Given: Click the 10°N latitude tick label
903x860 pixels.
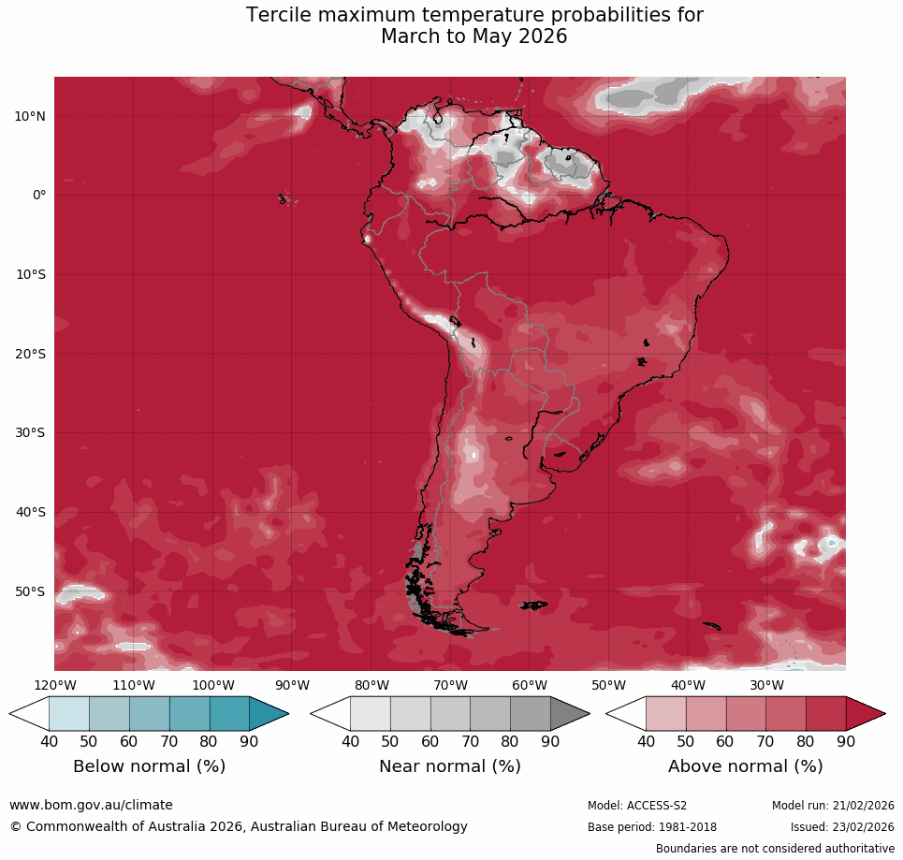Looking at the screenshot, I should tap(30, 116).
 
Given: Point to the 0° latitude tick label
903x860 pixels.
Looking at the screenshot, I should tap(39, 196).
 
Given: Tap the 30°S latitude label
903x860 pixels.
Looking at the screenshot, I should tap(30, 433).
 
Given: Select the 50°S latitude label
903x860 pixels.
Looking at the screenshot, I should tap(30, 591).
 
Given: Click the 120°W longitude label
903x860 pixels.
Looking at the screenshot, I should tap(54, 685).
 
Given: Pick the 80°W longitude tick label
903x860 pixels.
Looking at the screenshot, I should tap(371, 685).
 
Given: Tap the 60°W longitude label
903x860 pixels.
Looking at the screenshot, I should tap(530, 685).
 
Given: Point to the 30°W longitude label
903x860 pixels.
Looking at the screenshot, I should tap(767, 685).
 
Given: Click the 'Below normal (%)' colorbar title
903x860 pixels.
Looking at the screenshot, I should tap(149, 766).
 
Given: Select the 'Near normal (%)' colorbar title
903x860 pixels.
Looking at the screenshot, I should tap(449, 766).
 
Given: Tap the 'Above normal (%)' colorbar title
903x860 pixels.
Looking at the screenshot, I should tap(745, 766).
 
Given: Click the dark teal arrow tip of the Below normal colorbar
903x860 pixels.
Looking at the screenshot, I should tap(269, 714).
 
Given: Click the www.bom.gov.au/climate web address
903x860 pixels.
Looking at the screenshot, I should tap(91, 805).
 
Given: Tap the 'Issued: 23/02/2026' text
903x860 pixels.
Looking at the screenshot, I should tap(842, 827).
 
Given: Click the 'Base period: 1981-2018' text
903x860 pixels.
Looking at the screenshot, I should tap(652, 827).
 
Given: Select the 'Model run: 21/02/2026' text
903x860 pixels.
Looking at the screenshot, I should tap(833, 806).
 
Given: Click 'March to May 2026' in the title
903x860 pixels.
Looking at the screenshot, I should tap(474, 37).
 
